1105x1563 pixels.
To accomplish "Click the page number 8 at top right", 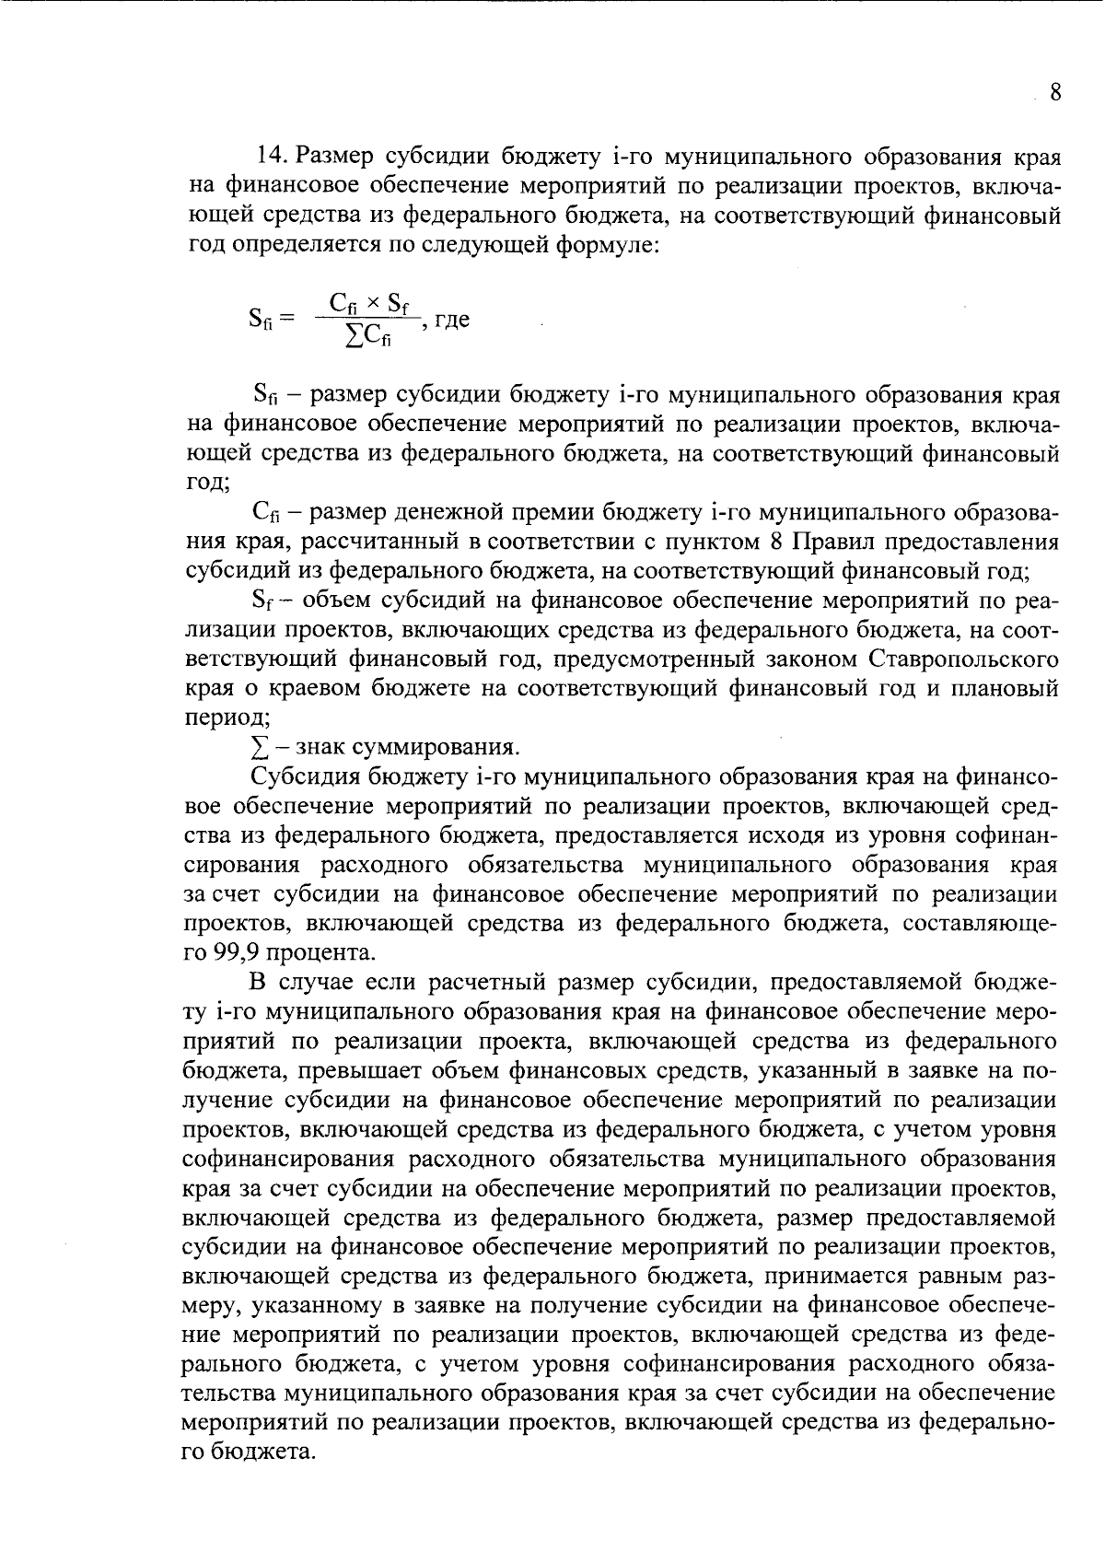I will click(x=1055, y=93).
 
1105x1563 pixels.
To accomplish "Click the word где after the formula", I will click(x=451, y=320).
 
